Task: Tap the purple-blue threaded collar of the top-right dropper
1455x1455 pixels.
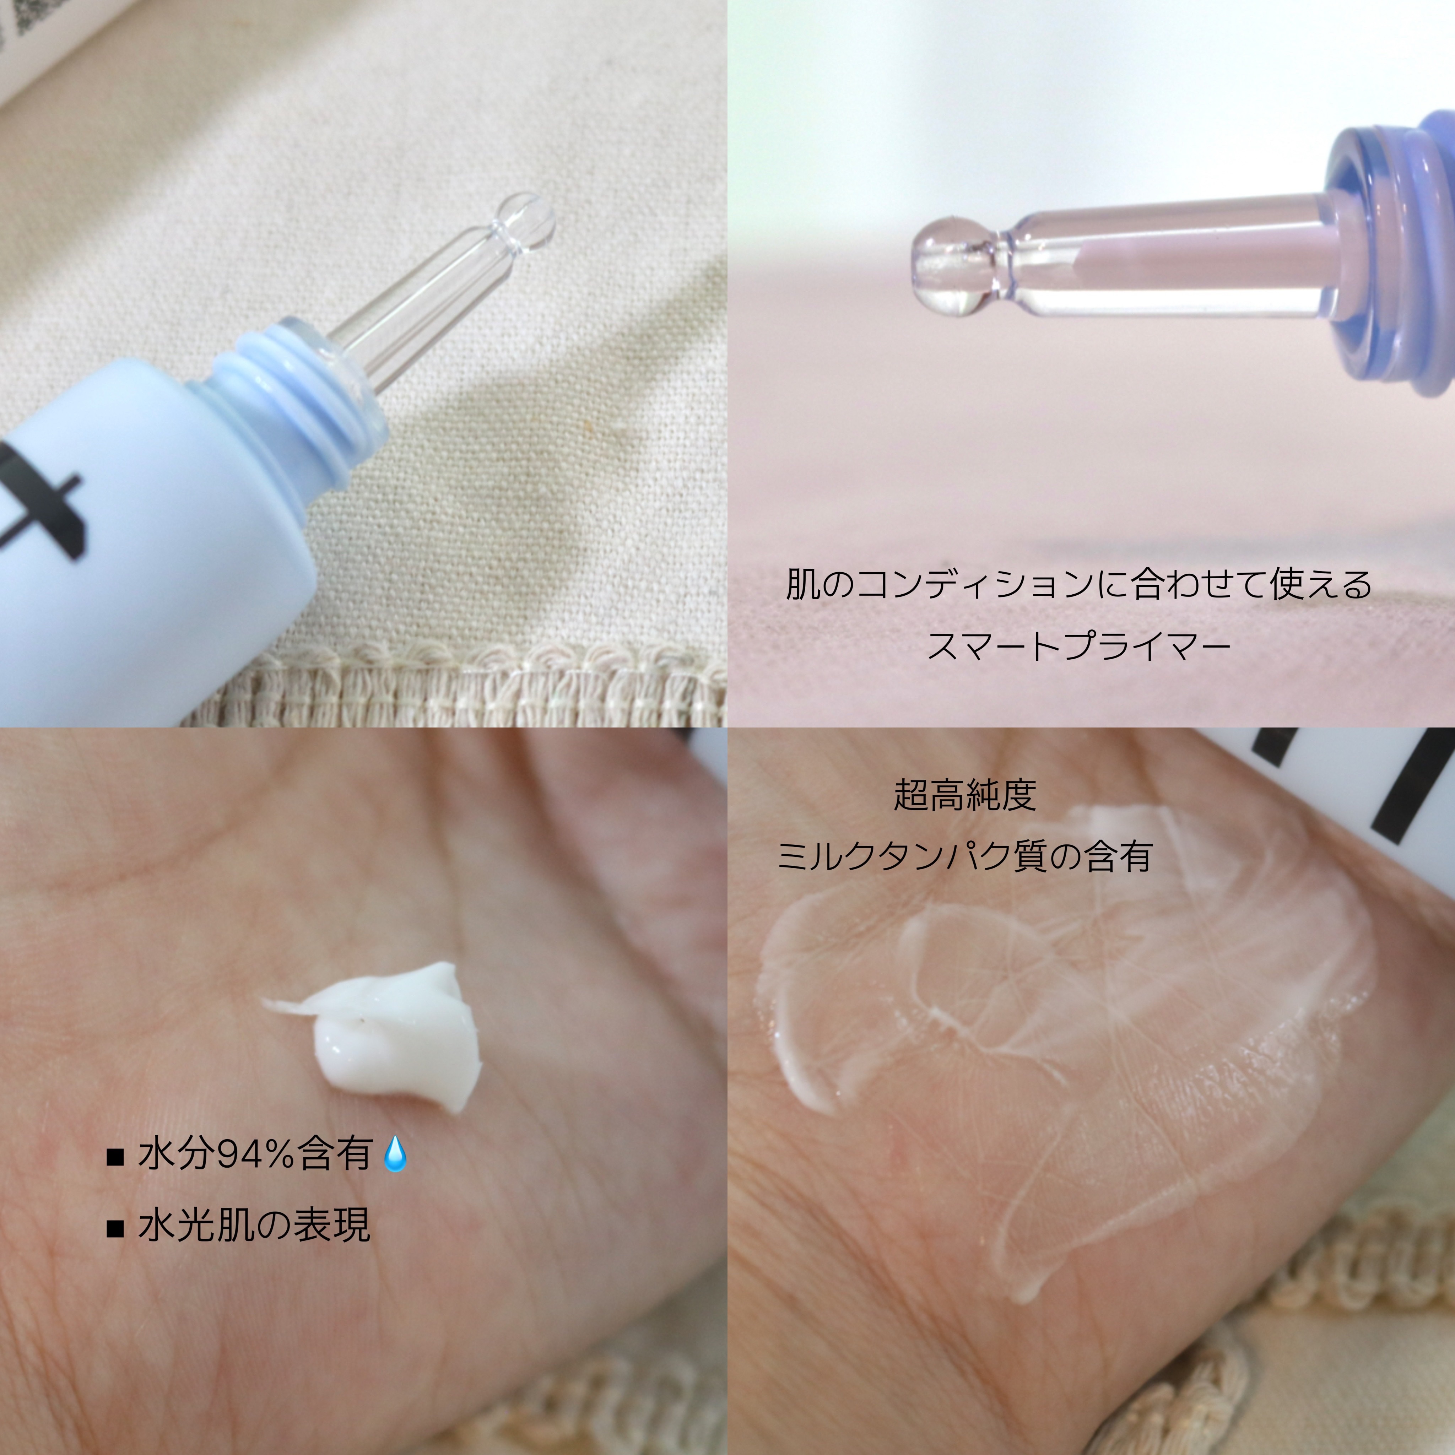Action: (x=1393, y=256)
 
